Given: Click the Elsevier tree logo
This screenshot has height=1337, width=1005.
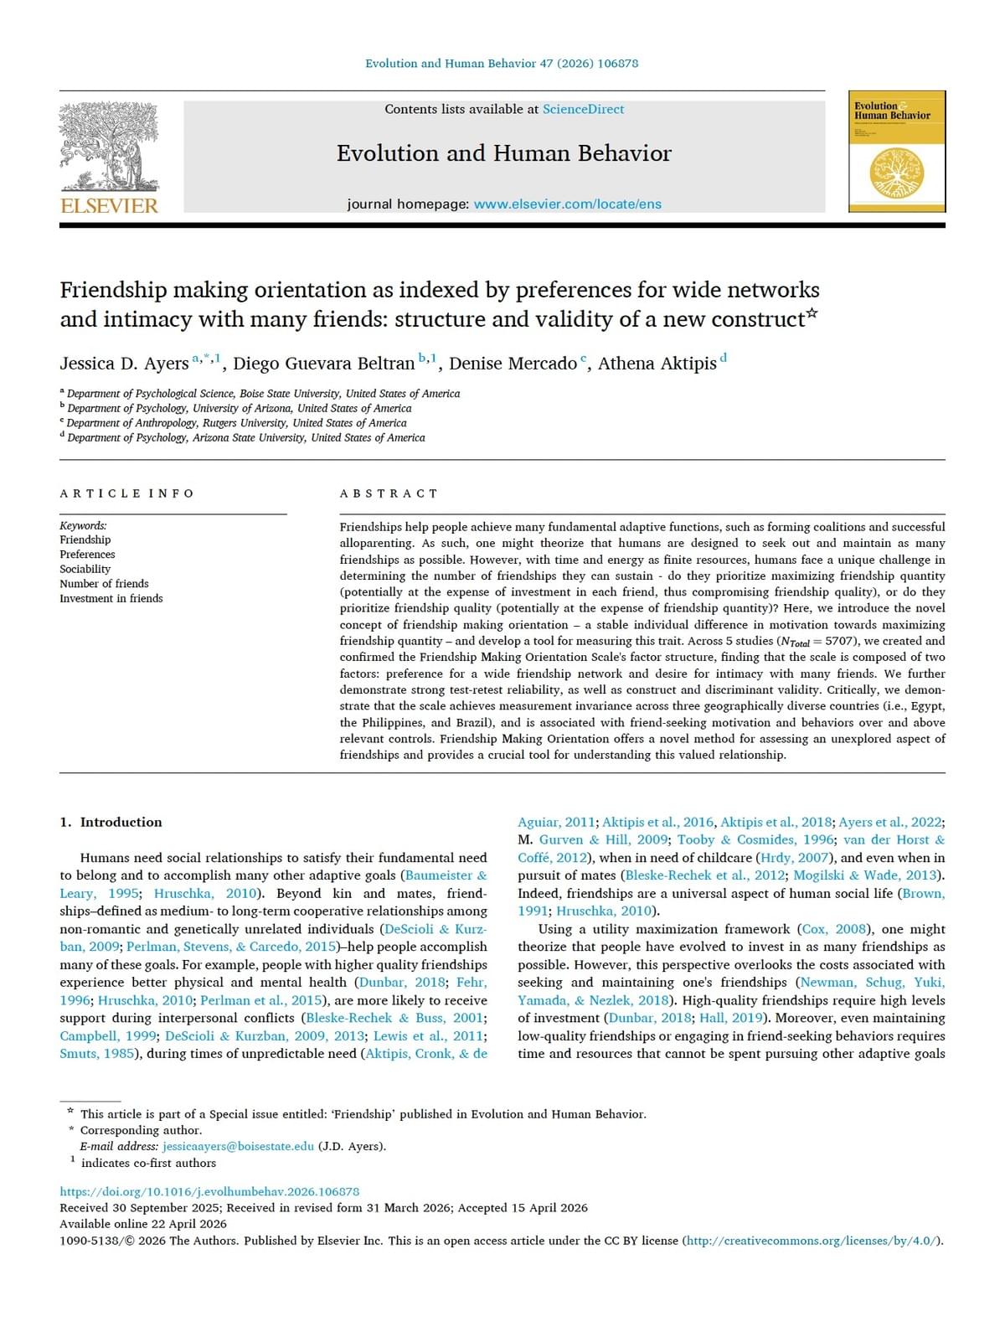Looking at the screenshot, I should pos(109,146).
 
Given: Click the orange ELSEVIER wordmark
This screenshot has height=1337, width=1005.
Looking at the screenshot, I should pos(109,206).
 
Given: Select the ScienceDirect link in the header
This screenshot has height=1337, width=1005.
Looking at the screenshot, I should pos(583,109).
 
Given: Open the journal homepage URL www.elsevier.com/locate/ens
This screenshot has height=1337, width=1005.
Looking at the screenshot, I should pos(567,204).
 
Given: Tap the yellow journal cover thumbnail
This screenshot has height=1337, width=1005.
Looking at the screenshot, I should pos(896,152).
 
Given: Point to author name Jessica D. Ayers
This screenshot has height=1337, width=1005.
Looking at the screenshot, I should pos(124,364).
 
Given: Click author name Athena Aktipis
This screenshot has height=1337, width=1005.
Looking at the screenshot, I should pos(657,364).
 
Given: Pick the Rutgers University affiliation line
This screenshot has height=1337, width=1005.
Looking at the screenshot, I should pos(236,423).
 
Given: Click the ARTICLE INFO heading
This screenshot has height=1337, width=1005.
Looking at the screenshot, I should pos(126,493).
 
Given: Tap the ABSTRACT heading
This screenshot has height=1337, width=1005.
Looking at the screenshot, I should pos(389,493).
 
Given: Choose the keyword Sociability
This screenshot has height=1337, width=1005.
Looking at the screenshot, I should pos(85,569).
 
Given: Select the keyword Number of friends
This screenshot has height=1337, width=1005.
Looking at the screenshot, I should pos(104,584).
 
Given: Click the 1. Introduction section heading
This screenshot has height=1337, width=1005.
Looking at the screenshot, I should pos(111,822).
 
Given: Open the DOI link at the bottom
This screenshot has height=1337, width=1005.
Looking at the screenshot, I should pos(209,1191).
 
